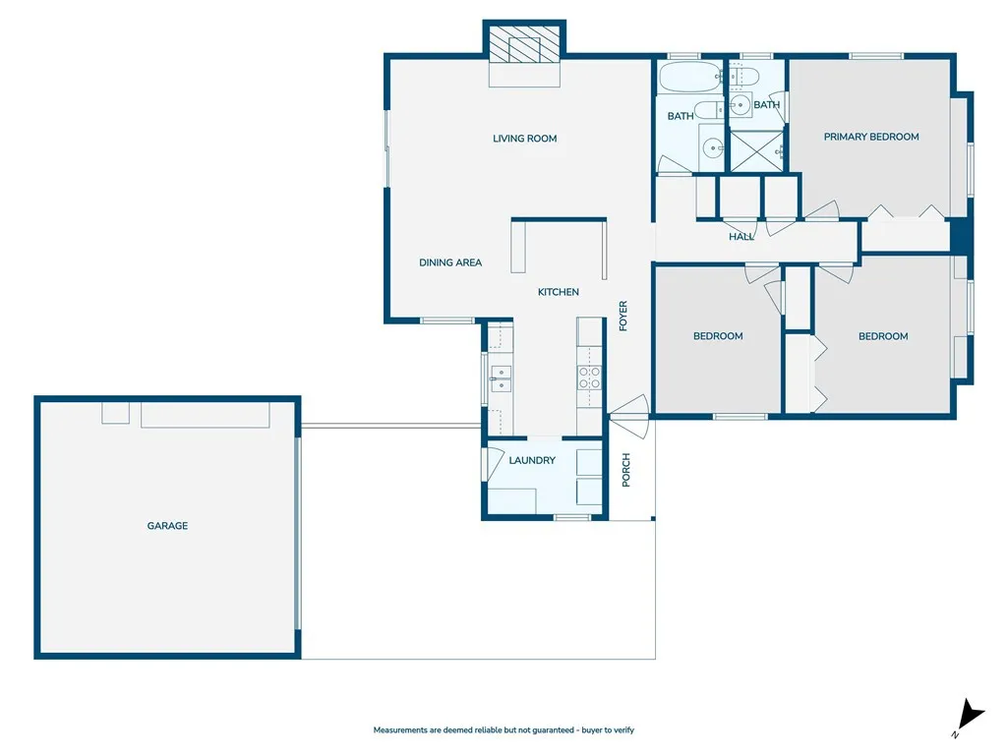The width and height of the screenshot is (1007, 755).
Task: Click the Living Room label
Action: pyautogui.click(x=524, y=139)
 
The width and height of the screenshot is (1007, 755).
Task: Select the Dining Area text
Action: pyautogui.click(x=450, y=262)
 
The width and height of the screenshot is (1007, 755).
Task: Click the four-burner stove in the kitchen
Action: pyautogui.click(x=589, y=378)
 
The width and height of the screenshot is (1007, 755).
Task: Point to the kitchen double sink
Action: pyautogui.click(x=501, y=378)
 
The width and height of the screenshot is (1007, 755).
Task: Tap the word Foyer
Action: pyautogui.click(x=622, y=316)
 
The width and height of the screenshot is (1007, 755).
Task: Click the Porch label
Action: pyautogui.click(x=626, y=470)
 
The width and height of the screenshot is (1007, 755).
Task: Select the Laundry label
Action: pyautogui.click(x=532, y=460)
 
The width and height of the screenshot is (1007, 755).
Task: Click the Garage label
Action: pyautogui.click(x=167, y=526)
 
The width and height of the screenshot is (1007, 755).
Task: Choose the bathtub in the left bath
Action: pyautogui.click(x=689, y=77)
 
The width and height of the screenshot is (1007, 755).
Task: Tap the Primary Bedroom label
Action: pyautogui.click(x=871, y=137)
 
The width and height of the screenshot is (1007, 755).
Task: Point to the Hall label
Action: pyautogui.click(x=741, y=237)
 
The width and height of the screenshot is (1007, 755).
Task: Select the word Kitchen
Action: pyautogui.click(x=558, y=292)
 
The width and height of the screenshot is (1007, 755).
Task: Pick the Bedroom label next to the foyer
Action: pyautogui.click(x=718, y=336)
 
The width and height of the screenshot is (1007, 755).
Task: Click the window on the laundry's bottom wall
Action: pyautogui.click(x=571, y=517)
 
